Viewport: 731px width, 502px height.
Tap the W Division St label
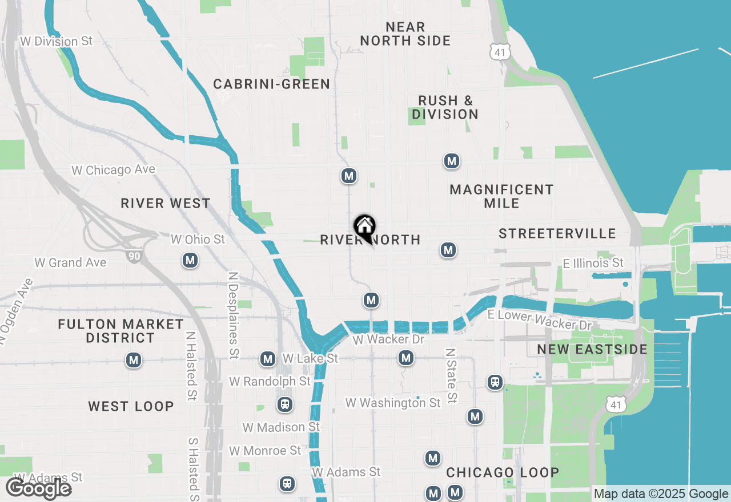(56, 42)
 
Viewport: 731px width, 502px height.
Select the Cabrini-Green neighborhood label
(271, 84)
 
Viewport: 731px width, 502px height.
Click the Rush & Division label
(445, 107)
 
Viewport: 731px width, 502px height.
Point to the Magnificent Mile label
(501, 196)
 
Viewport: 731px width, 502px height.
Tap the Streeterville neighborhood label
(557, 233)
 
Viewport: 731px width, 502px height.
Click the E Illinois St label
(593, 263)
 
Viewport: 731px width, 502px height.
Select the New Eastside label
(592, 349)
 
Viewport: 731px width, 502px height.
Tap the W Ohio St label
(198, 239)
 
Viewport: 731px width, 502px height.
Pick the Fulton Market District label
(121, 331)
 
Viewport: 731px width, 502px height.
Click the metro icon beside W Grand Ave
(190, 261)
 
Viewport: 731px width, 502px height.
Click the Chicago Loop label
(503, 472)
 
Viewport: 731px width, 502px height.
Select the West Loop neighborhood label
(131, 406)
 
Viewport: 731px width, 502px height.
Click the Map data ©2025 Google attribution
(661, 494)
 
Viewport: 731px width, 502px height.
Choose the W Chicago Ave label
(113, 170)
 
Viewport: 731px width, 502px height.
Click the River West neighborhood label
(166, 203)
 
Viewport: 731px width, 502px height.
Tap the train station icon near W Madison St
(284, 405)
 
